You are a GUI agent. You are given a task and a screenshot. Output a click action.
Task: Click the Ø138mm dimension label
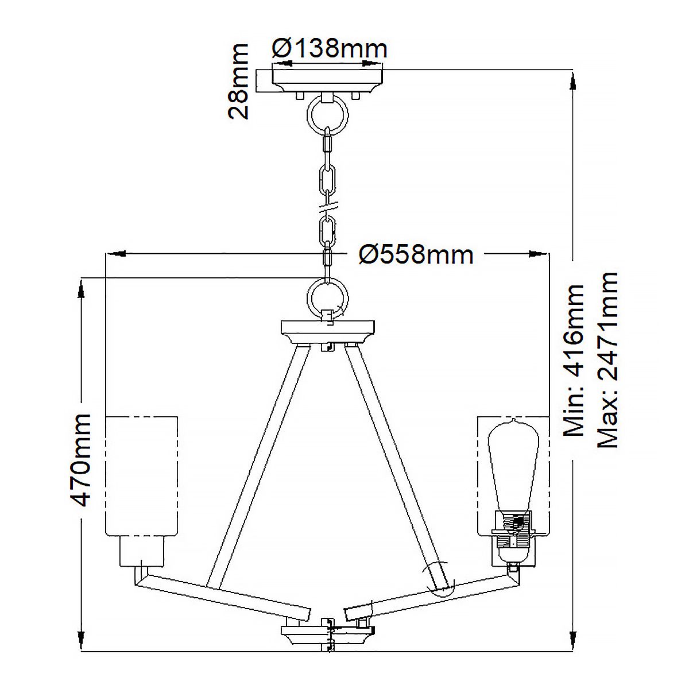pos(330,48)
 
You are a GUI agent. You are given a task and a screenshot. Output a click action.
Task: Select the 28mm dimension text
pos(238,81)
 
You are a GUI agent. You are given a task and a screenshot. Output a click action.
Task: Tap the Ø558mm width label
pos(416,253)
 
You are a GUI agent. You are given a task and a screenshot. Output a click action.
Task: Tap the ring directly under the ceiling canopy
pos(328,113)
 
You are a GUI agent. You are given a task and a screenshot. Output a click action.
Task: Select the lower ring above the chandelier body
pos(327,297)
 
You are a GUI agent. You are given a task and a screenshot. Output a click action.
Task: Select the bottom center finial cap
pos(327,637)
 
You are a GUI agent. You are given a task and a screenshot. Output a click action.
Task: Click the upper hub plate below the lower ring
pos(327,330)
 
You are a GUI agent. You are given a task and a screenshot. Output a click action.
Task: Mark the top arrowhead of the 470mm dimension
pos(83,290)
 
